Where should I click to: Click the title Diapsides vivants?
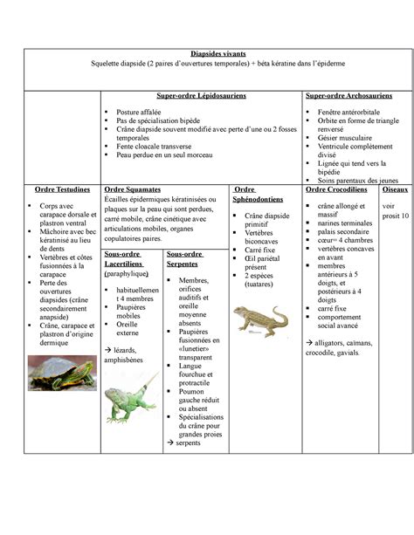(207, 54)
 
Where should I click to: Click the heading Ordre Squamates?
(132, 189)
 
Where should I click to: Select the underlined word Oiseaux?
(395, 189)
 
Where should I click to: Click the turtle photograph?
(62, 374)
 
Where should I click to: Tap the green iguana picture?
(130, 400)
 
